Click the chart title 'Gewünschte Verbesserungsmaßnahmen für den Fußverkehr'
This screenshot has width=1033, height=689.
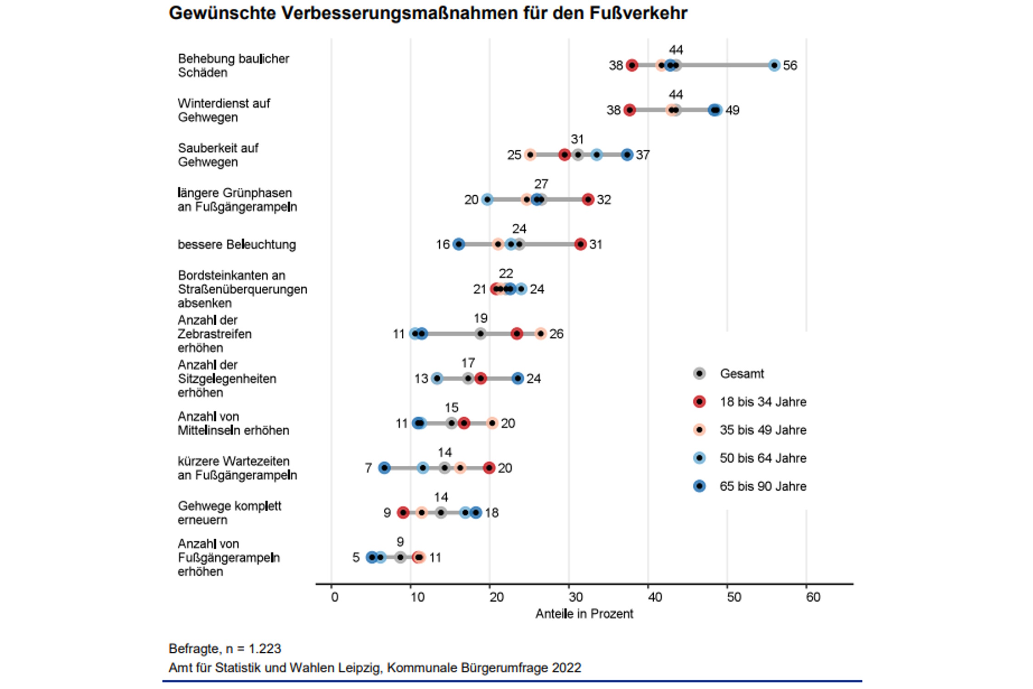[x=428, y=13]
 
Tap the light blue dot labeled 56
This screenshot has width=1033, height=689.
[x=775, y=65]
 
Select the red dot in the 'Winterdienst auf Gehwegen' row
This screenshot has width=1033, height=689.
[x=630, y=110]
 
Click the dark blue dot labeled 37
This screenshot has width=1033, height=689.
[x=627, y=155]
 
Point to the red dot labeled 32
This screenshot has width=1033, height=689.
[x=588, y=199]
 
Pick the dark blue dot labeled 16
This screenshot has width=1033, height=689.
[x=459, y=244]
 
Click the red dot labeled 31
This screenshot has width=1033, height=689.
[x=581, y=244]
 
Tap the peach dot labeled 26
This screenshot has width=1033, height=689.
[x=541, y=334]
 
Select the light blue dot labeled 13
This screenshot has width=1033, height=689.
[x=437, y=378]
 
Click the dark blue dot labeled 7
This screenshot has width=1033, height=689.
[x=384, y=468]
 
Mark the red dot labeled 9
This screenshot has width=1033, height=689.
[x=403, y=513]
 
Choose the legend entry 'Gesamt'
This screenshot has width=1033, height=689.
[x=741, y=373]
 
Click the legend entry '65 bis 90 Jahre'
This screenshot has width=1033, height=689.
[x=763, y=486]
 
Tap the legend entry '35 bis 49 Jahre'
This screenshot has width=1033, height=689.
[x=763, y=430]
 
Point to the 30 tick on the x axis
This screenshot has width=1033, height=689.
[x=576, y=597]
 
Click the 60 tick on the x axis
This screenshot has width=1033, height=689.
[x=813, y=597]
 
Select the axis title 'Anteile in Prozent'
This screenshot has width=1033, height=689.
[x=584, y=614]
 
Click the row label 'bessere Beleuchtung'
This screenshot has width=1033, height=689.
[x=237, y=244]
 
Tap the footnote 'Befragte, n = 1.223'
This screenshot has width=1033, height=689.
[x=225, y=649]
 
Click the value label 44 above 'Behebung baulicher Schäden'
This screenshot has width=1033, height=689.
[x=676, y=50]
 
